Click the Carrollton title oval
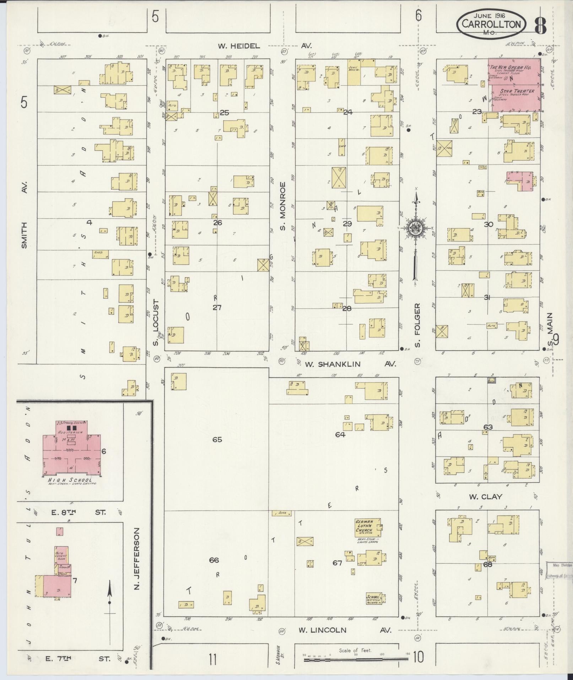tap(491, 24)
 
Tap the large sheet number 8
tap(540, 25)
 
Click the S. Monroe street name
tap(283, 206)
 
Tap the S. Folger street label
tap(418, 325)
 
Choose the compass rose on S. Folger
tap(415, 227)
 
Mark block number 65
tap(217, 440)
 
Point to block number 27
tap(217, 307)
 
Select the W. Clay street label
tap(485, 497)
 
